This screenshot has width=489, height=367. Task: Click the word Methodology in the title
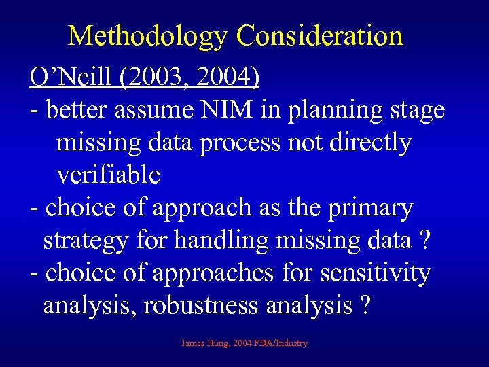148,36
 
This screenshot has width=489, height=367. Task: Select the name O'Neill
72,77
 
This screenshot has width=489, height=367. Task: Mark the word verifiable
108,175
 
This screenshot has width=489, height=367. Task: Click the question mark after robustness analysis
366,307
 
